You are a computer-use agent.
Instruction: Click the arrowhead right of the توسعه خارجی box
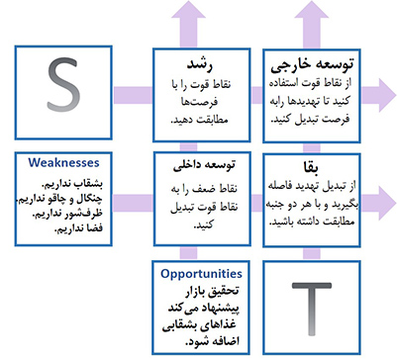(382, 96)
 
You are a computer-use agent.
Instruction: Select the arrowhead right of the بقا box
(382, 191)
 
